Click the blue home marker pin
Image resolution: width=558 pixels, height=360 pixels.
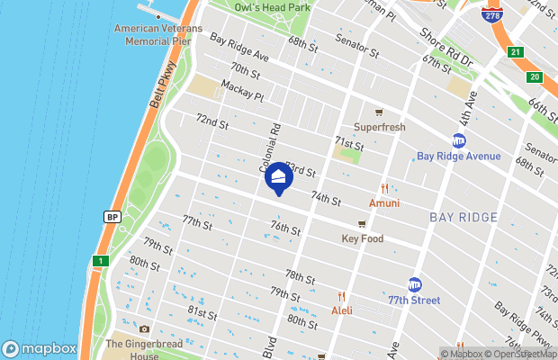tap(278, 178)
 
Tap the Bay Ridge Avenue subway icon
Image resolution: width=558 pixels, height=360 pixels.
tap(459, 140)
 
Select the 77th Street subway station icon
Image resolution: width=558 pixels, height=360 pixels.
tap(415, 284)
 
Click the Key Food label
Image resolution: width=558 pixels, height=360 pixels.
tap(363, 238)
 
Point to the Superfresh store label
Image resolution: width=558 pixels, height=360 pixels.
tap(380, 127)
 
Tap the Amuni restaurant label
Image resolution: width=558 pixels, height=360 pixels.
tap(384, 203)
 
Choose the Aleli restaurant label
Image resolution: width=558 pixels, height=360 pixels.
tap(342, 310)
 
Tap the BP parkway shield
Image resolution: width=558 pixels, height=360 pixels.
tap(112, 217)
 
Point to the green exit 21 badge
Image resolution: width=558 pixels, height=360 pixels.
tap(514, 52)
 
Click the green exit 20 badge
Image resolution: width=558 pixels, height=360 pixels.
tap(534, 77)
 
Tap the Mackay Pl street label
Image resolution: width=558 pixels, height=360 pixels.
tap(240, 94)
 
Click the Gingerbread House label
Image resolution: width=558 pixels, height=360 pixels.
tap(139, 349)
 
